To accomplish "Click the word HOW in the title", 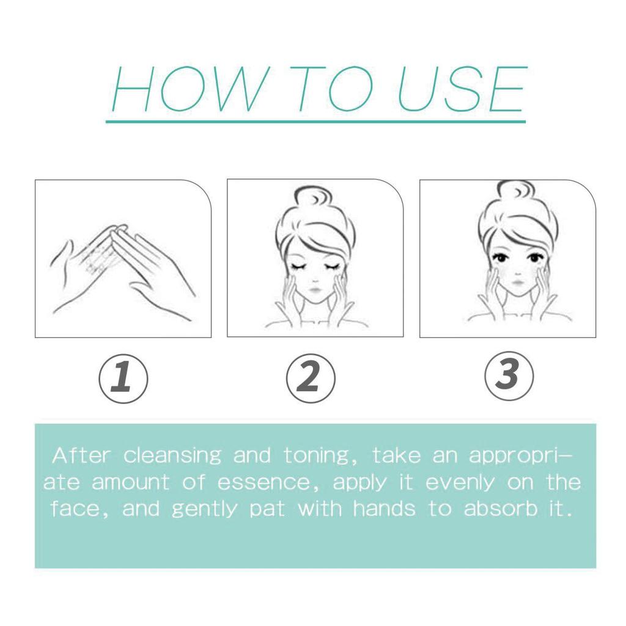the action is [188, 89].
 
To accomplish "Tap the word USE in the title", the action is [462, 89].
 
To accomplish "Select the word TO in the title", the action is [331, 89].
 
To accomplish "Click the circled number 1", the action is [123, 378].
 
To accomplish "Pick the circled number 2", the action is [311, 378].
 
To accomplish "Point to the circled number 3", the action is [509, 376].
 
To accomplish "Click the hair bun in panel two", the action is [314, 199].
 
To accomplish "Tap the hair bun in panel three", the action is [518, 194].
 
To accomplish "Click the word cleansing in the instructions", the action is [172, 456].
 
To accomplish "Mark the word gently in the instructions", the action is [204, 510].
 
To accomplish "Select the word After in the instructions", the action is [81, 455].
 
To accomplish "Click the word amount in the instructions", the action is [131, 483].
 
